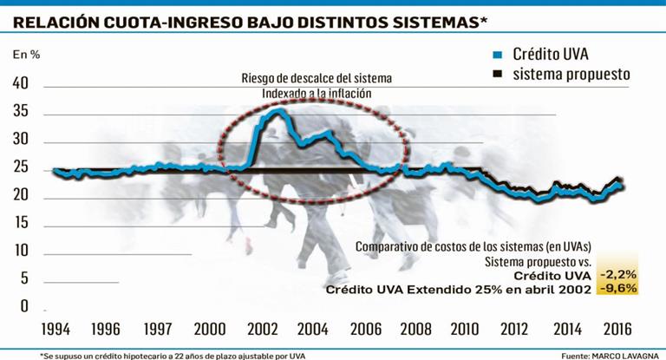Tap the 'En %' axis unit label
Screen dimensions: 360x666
[x=26, y=55]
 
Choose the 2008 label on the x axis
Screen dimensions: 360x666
[x=416, y=331]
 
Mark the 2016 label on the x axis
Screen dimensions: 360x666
[x=617, y=331]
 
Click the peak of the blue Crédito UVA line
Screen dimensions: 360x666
[x=274, y=110]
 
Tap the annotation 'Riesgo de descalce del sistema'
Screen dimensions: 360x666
[x=317, y=78]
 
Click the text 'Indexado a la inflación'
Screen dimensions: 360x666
[x=317, y=93]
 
